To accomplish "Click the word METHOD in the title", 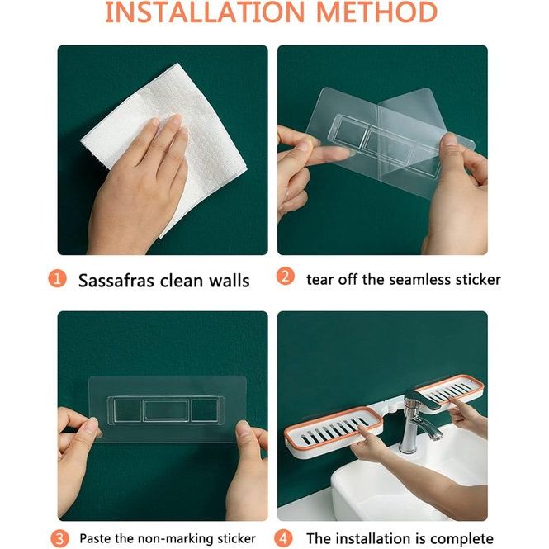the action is (376, 12).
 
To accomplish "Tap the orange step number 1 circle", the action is (57, 279).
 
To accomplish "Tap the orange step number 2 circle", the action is (286, 277).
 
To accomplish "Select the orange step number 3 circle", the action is (60, 538).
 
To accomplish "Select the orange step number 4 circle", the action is (283, 538).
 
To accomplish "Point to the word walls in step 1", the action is (230, 281).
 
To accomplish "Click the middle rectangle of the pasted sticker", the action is (166, 410).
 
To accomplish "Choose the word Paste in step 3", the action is (95, 538).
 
